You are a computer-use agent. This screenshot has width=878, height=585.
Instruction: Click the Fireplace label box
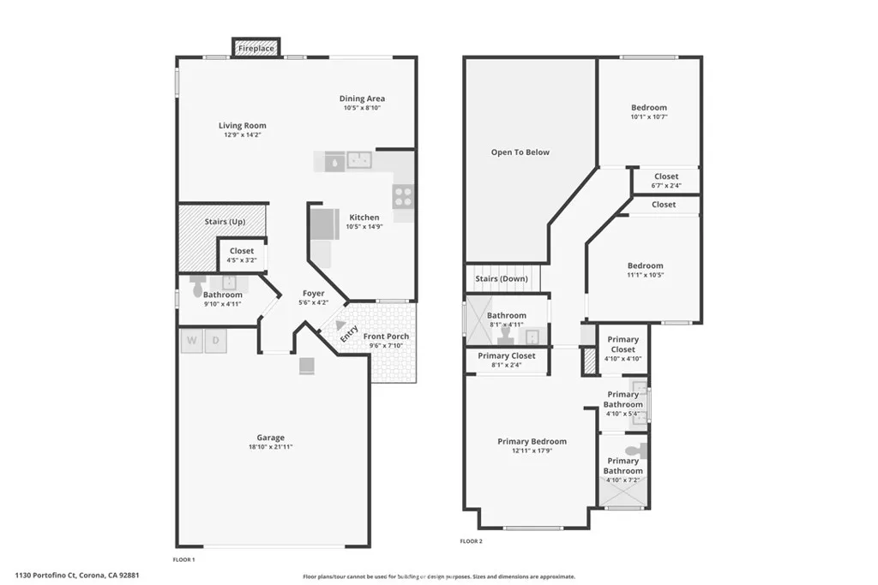coord(256,49)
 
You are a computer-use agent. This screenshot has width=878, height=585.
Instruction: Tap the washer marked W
coord(191,341)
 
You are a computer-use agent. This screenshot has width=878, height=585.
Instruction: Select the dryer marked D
coord(215,341)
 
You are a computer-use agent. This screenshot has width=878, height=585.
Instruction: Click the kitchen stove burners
coord(403,197)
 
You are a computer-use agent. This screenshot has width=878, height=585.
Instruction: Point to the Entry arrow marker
coord(341,325)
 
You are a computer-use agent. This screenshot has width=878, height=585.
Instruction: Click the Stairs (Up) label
coord(225,223)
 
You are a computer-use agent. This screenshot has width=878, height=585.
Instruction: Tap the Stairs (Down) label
coord(502,279)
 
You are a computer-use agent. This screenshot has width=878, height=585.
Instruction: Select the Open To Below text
coord(520,152)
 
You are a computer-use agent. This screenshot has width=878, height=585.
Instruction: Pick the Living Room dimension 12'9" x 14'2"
coord(242,134)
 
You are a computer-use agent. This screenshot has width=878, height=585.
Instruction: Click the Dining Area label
coord(362,98)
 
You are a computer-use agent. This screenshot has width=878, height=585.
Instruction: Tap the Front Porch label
coord(386,337)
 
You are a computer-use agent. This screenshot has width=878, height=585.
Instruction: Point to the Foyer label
coord(312,293)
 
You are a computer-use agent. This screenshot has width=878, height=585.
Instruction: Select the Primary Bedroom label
coord(532,442)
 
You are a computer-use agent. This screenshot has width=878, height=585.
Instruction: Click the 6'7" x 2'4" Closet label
coord(666,177)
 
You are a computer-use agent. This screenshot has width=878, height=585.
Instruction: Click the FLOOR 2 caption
coord(471,541)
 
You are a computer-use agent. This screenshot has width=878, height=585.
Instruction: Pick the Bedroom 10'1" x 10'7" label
coord(648,108)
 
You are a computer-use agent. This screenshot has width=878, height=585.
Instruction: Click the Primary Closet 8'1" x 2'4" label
coord(506,356)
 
